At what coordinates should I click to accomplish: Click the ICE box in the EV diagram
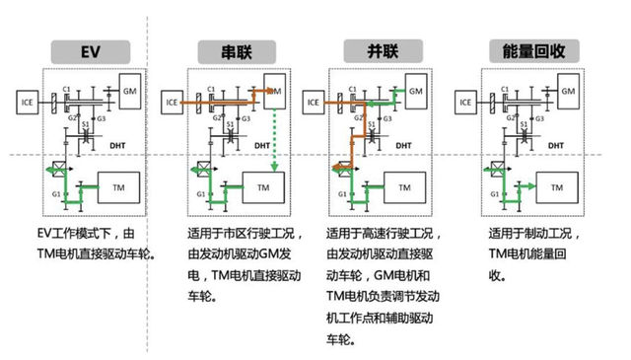click(29, 100)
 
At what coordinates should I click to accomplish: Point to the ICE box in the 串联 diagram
click(174, 100)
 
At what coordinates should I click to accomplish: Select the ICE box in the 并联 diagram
click(315, 100)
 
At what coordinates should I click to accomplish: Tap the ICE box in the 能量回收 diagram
click(466, 100)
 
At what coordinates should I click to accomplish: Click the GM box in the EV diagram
click(130, 91)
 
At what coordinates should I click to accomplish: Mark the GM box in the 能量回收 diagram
click(566, 91)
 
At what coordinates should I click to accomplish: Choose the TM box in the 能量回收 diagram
click(557, 186)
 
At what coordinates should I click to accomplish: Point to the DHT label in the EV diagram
click(118, 144)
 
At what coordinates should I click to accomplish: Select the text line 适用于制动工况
click(527, 236)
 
